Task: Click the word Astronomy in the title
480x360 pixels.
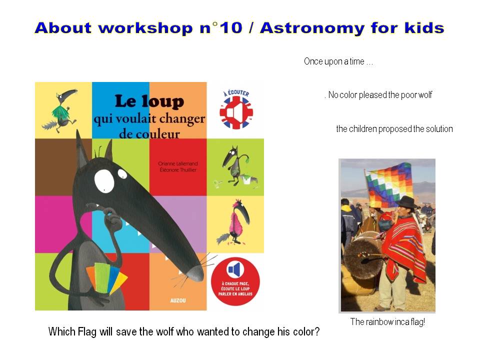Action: click(312, 28)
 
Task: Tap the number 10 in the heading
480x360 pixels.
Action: click(231, 28)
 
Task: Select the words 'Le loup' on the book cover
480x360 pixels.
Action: click(149, 101)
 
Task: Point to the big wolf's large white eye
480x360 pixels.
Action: click(104, 181)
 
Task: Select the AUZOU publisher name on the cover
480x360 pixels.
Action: click(178, 300)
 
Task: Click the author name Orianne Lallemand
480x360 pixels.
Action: click(178, 164)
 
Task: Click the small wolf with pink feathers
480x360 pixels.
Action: click(234, 221)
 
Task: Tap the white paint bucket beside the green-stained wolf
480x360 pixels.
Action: click(246, 179)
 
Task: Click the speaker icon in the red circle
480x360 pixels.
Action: click(234, 270)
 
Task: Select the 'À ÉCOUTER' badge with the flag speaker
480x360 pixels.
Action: click(236, 108)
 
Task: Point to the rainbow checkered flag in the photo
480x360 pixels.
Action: click(389, 184)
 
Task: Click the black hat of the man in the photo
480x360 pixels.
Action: click(406, 202)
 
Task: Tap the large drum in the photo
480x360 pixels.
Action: click(362, 257)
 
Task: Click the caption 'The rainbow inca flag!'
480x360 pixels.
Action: click(387, 321)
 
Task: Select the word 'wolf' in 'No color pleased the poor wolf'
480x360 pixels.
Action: click(425, 95)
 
